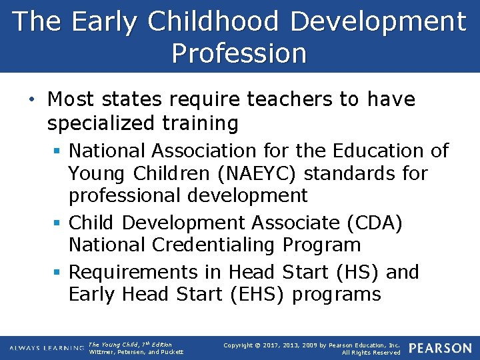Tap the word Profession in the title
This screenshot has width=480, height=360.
[x=239, y=53]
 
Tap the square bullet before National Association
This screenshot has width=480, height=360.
[x=59, y=151]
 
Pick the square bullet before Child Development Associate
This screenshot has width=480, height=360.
[x=59, y=223]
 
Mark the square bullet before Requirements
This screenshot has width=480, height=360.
[x=59, y=273]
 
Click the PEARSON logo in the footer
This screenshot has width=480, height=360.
[x=440, y=348]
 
